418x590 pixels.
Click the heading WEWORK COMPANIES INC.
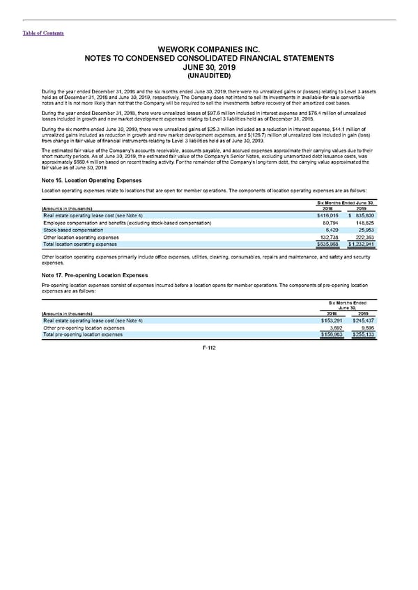(208, 49)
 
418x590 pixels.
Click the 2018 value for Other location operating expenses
(328, 238)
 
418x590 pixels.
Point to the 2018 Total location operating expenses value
(328, 244)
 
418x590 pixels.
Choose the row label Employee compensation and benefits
(127, 222)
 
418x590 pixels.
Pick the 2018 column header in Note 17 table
(328, 312)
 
